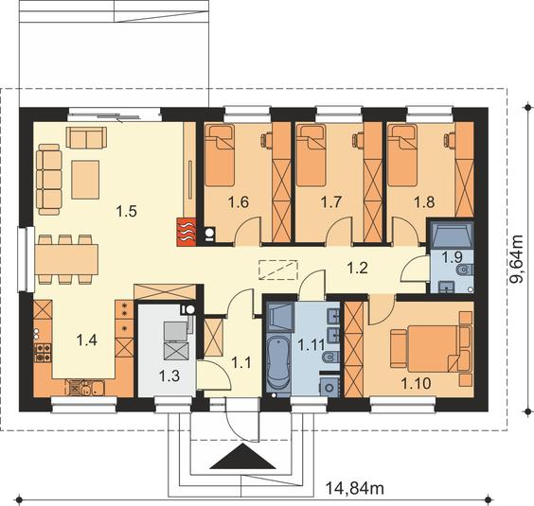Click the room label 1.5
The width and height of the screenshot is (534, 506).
126,211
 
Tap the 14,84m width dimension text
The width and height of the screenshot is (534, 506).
355,488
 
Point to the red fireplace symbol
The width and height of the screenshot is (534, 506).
187,232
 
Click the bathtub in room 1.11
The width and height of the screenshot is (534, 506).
278,364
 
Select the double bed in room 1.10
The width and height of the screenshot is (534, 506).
431,349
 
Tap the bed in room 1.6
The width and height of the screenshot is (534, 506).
220,155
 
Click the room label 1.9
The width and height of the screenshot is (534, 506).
452,257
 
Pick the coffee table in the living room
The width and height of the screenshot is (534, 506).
85,180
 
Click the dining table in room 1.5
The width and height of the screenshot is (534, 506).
66,259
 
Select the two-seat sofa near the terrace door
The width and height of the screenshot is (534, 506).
86,137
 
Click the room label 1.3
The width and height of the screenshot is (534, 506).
169,376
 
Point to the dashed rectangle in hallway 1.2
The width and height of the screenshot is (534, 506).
278,270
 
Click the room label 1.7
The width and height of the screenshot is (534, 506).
331,202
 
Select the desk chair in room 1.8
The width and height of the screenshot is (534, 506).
449,140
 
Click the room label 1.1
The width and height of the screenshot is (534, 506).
241,363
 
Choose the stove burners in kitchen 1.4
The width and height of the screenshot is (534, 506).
43,353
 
